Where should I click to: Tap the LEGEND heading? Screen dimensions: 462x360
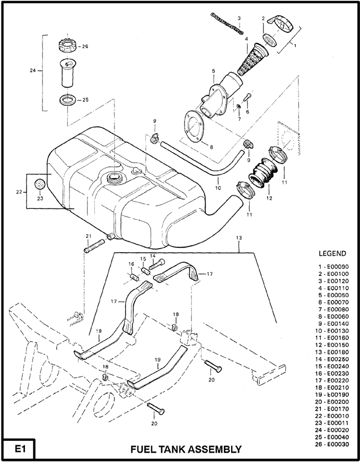(332, 253)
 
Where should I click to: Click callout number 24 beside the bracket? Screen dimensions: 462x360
(33, 70)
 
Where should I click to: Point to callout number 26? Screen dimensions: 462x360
(85, 47)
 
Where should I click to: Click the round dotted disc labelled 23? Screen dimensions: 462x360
(40, 185)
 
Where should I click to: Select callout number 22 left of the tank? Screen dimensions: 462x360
(19, 192)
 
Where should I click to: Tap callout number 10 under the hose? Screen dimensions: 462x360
(218, 187)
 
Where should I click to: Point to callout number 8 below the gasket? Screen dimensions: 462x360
(211, 147)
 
